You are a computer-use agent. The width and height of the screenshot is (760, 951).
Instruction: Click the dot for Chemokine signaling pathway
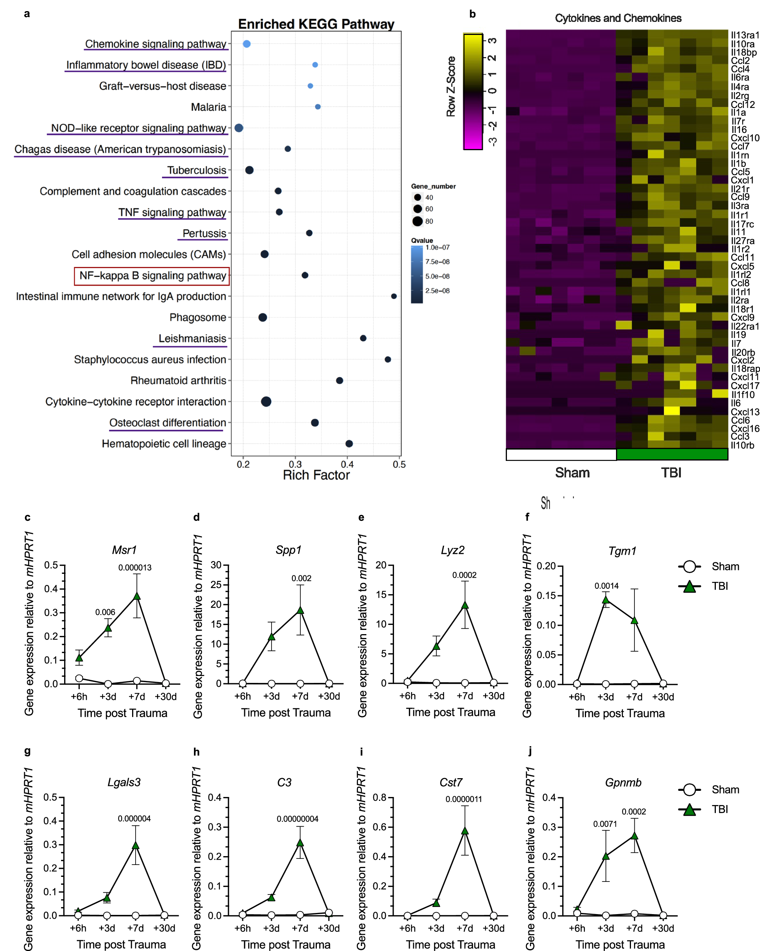tap(247, 44)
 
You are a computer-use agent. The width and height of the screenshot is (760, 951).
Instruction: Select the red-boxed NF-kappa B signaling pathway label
tap(152, 276)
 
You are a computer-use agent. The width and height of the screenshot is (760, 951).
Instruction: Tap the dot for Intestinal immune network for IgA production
tap(394, 296)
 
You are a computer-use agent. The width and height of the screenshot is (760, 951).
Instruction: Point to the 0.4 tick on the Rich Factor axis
tap(347, 464)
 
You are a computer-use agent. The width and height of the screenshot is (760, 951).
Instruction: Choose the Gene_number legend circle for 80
tap(417, 221)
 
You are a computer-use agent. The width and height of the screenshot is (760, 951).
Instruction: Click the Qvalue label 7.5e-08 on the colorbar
tap(437, 262)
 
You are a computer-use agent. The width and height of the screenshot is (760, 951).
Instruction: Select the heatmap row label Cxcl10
tap(745, 138)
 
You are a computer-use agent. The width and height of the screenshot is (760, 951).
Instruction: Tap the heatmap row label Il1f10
tap(742, 394)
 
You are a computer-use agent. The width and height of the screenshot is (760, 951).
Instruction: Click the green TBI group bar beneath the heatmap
tap(671, 454)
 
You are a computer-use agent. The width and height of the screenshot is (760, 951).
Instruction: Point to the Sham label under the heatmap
tap(572, 472)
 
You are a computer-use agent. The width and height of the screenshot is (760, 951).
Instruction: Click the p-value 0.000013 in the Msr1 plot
tap(134, 568)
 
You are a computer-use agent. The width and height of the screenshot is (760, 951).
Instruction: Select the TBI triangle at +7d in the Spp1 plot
tap(300, 610)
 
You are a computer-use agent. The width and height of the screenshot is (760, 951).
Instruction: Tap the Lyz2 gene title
tap(452, 550)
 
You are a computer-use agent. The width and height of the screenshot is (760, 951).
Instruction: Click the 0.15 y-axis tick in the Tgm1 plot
tap(546, 595)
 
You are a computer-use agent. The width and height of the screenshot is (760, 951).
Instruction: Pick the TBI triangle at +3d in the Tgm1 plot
tap(606, 600)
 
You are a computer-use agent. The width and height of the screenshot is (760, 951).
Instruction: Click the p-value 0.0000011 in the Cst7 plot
tap(463, 799)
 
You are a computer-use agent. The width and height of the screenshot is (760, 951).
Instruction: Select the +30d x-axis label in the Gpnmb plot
tap(662, 928)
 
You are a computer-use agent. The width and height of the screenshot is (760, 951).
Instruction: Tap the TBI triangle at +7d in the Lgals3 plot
tap(136, 845)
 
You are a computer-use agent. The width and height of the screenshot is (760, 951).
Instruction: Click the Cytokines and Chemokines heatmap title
tap(618, 18)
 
